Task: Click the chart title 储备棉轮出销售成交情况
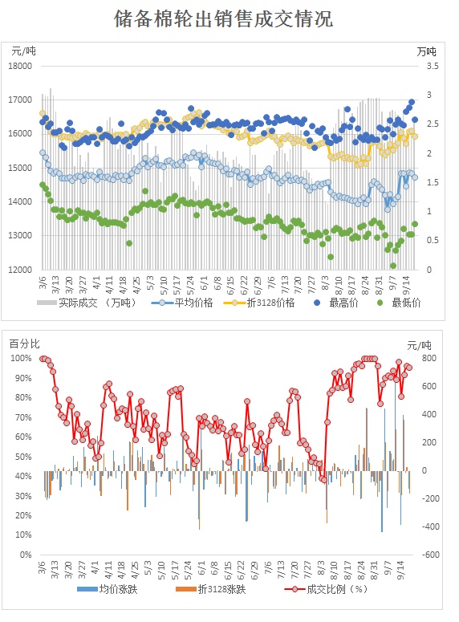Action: tap(223, 18)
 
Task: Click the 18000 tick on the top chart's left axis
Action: tap(20, 66)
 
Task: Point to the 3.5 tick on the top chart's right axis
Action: tap(433, 66)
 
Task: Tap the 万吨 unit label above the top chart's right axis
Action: tap(426, 51)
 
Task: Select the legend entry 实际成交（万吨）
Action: tap(87, 303)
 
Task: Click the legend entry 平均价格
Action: tap(182, 303)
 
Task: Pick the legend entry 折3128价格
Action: tap(259, 303)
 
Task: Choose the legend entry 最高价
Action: tap(335, 303)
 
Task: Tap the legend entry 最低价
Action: tap(399, 303)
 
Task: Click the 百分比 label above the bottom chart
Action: tap(25, 344)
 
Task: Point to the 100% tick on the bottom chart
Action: tap(21, 358)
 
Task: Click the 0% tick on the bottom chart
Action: tap(26, 555)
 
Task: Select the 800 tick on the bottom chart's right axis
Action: tap(429, 358)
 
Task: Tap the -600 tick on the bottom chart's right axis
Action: tap(430, 555)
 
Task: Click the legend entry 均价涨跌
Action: tap(108, 589)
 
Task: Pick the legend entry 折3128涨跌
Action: tap(211, 589)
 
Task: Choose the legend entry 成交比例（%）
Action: tap(326, 589)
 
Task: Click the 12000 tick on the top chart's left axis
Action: tap(20, 270)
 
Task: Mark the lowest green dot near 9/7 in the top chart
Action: tap(393, 266)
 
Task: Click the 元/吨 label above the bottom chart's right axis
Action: tap(419, 345)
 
